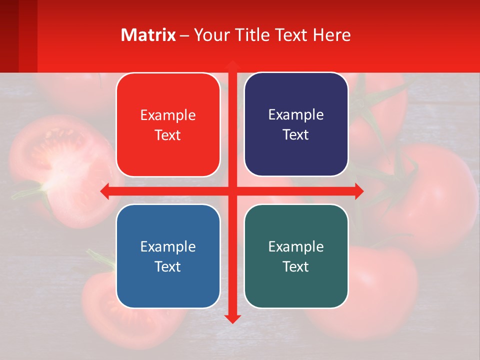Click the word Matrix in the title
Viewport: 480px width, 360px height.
pos(148,35)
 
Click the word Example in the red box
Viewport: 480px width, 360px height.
pos(168,115)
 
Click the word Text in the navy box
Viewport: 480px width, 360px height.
pos(296,135)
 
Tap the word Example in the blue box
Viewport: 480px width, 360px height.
pos(168,246)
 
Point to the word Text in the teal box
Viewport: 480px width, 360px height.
pos(296,266)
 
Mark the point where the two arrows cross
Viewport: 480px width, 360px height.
pos(232,191)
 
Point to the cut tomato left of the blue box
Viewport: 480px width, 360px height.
pos(100,300)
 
